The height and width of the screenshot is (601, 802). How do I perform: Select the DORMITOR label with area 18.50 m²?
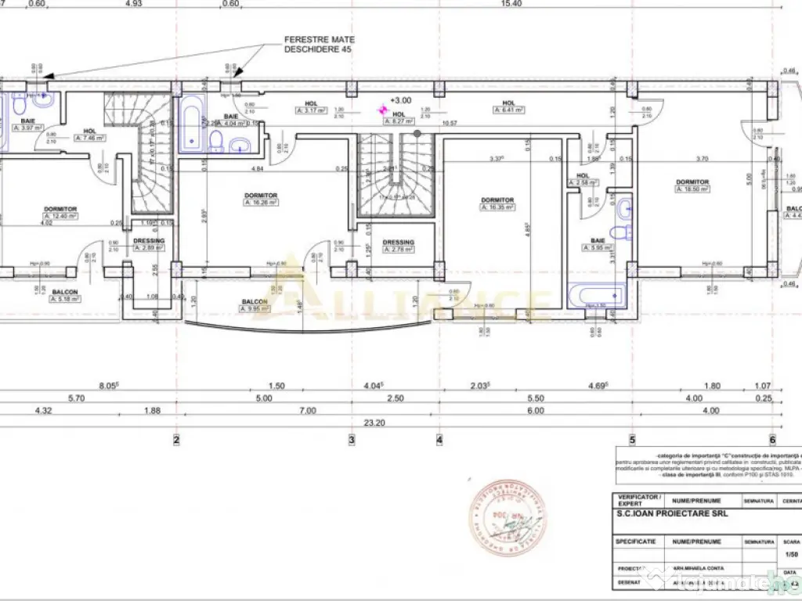692,185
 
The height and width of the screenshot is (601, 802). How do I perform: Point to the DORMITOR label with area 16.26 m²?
261,198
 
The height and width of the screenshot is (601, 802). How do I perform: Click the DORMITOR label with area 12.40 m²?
60,212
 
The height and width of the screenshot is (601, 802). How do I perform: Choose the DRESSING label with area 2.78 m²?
398,246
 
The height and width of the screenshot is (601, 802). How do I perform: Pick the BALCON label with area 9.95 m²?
254,304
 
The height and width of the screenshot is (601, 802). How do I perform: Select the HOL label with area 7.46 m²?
90,134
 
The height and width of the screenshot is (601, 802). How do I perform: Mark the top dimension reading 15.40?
511,4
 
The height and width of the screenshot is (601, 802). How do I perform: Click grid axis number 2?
175,440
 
